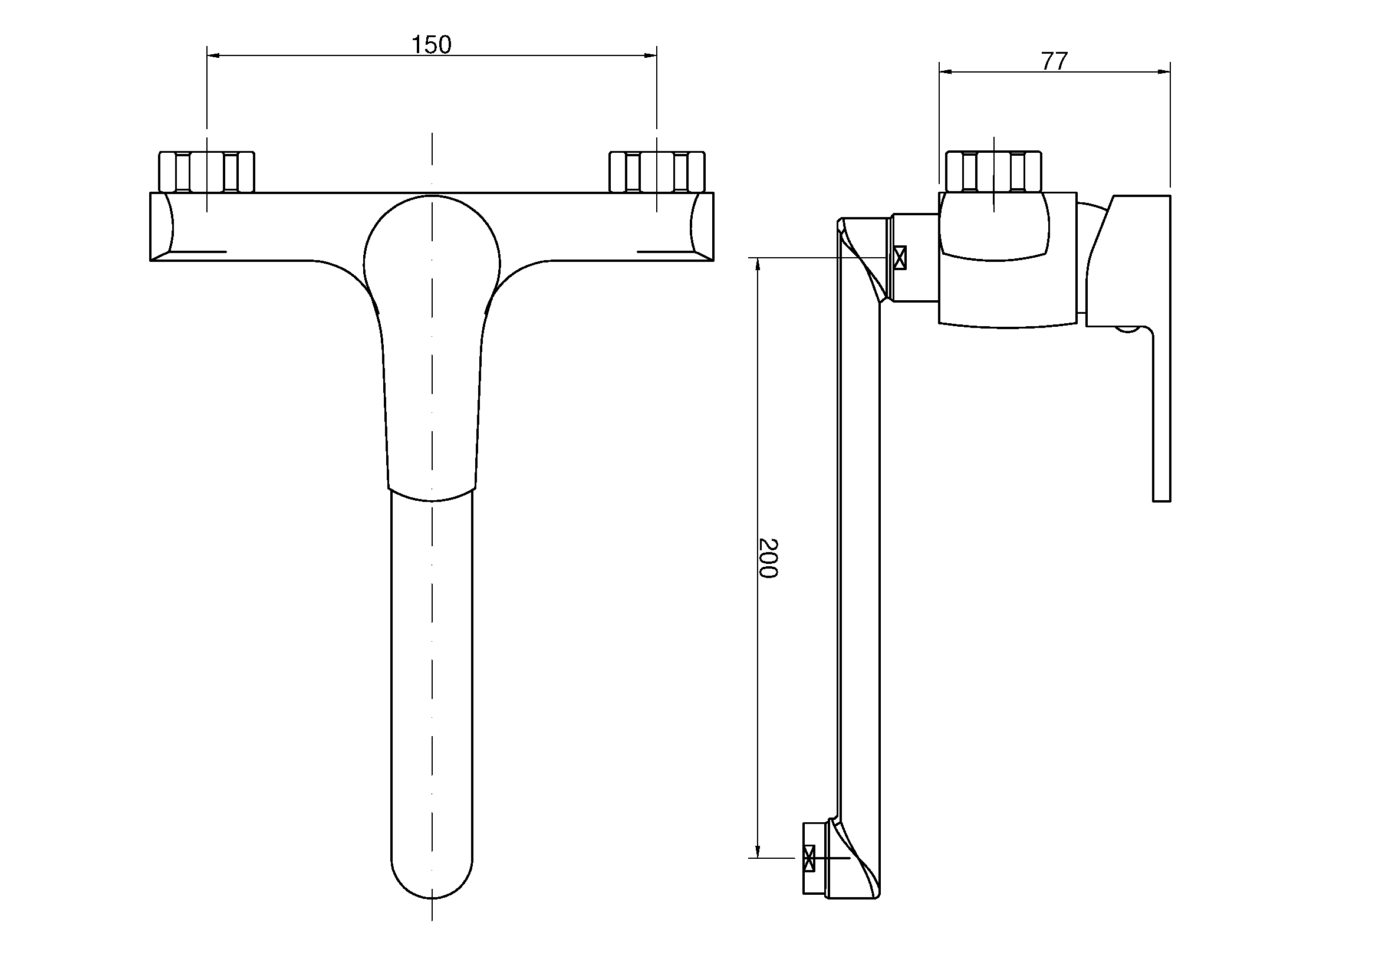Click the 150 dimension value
point(430,45)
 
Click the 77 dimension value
point(1054,61)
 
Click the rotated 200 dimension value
point(768,558)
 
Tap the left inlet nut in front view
point(206,172)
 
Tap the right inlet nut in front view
point(656,172)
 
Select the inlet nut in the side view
point(993,172)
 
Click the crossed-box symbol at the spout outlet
point(809,858)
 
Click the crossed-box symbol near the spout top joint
point(900,258)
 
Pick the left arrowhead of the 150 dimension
point(213,55)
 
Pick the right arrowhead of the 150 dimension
point(650,55)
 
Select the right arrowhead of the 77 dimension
point(1164,72)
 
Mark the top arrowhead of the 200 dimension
point(758,264)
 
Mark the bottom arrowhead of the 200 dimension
point(758,851)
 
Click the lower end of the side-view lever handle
point(1161,500)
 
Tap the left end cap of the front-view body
point(161,226)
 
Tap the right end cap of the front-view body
point(702,226)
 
